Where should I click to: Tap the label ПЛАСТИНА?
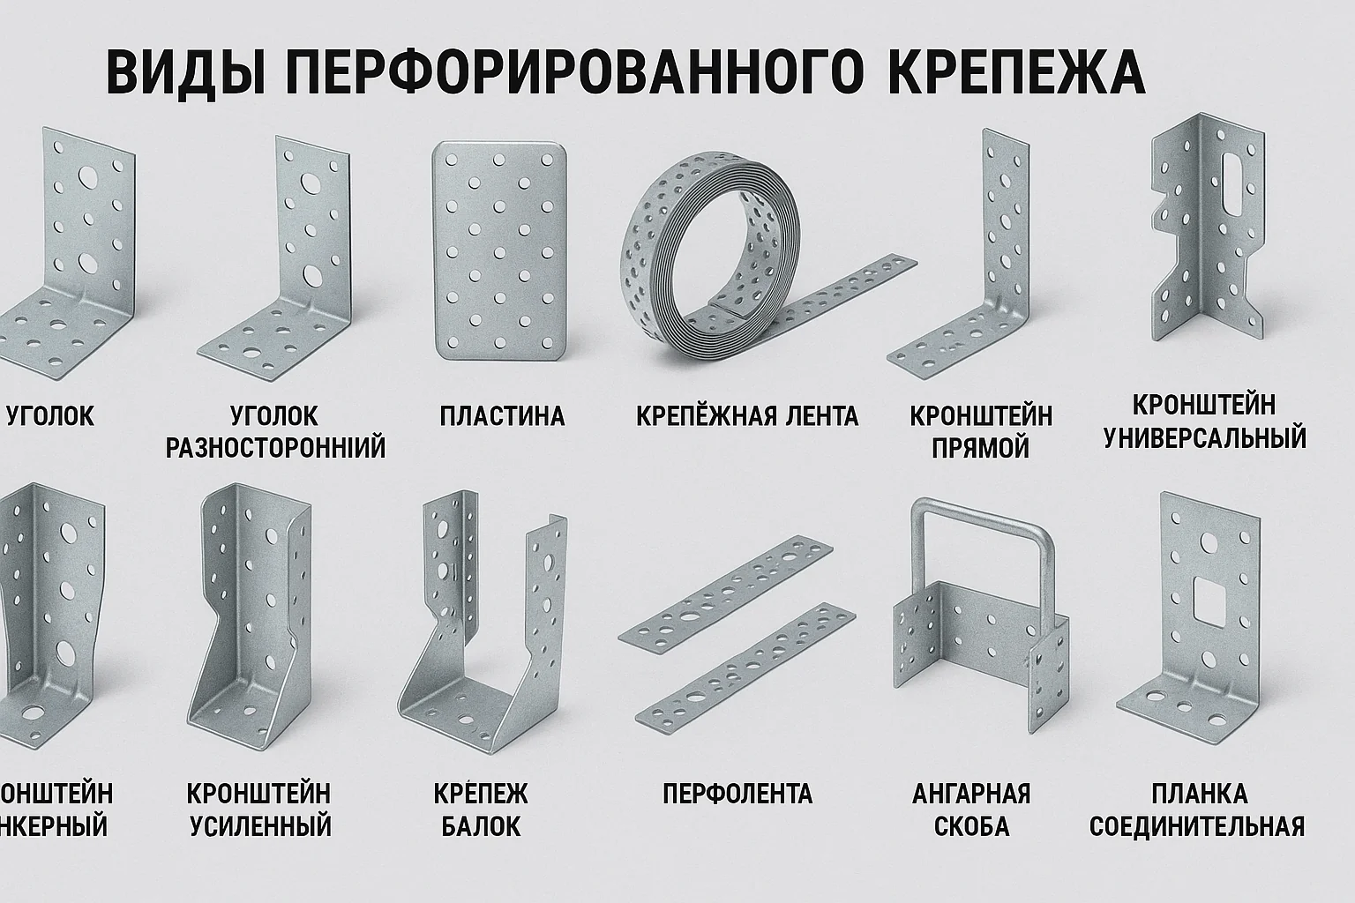click(x=502, y=415)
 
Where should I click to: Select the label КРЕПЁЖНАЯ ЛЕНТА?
click(x=746, y=415)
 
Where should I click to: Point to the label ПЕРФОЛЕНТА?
click(x=737, y=793)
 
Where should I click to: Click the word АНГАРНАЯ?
click(x=971, y=793)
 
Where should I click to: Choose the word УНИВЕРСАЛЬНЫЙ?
click(x=1205, y=437)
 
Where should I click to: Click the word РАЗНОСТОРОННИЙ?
click(x=275, y=447)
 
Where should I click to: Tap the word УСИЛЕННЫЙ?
click(x=261, y=826)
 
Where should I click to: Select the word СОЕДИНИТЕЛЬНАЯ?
click(x=1197, y=826)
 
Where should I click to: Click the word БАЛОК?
click(x=481, y=826)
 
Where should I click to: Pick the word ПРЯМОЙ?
click(x=981, y=447)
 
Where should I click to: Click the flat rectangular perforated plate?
click(x=499, y=251)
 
